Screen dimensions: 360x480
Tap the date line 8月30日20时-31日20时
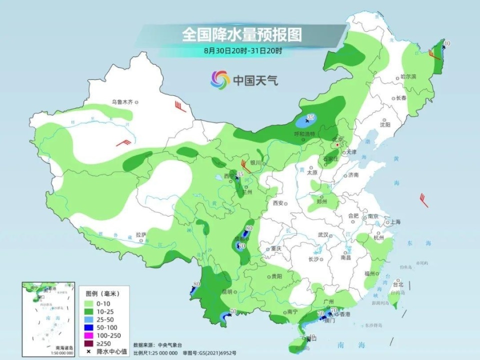pyautogui.click(x=243, y=50)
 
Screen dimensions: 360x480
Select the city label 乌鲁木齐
pyautogui.click(x=122, y=102)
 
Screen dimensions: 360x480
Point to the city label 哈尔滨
pyautogui.click(x=408, y=77)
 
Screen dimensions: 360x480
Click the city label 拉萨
pyautogui.click(x=141, y=234)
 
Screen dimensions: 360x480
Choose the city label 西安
pyautogui.click(x=278, y=203)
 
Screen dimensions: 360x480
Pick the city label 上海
pyautogui.click(x=394, y=222)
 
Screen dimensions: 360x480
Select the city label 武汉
pyautogui.click(x=322, y=235)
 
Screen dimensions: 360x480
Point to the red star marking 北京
pyautogui.click(x=337, y=144)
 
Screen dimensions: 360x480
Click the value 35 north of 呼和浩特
pyautogui.click(x=310, y=117)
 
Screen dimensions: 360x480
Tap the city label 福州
pyautogui.click(x=369, y=273)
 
